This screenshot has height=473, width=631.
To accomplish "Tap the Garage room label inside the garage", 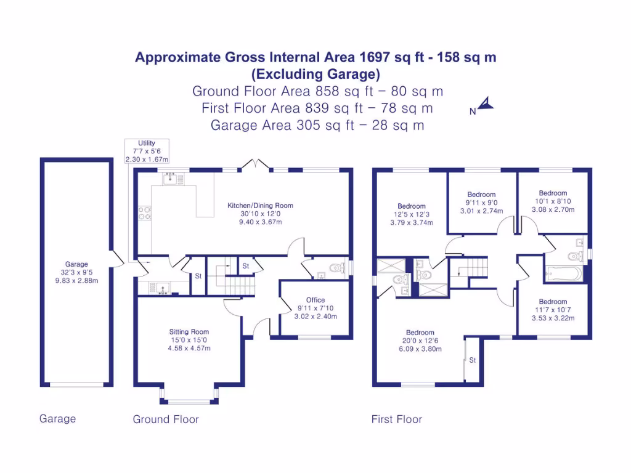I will click(76, 272).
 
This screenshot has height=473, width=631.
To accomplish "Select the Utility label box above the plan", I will click(147, 151).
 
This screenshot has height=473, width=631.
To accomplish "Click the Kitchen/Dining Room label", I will click(260, 213).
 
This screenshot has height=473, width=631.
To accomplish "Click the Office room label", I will click(315, 309).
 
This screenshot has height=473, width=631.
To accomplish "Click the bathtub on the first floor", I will click(562, 272).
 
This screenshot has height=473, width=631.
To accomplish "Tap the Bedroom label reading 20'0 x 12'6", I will click(420, 340).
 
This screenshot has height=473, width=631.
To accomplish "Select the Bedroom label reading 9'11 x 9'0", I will click(481, 203).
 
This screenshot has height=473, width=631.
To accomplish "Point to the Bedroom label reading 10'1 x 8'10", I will click(553, 201).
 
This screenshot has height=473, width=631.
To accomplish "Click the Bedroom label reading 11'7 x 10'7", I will click(553, 310).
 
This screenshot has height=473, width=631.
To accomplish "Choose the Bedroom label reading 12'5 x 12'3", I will click(411, 214).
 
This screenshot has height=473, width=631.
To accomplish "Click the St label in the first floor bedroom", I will click(473, 360).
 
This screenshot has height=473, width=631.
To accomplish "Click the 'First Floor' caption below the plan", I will click(396, 419).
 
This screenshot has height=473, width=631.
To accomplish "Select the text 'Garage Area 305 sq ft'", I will click(283, 125).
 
